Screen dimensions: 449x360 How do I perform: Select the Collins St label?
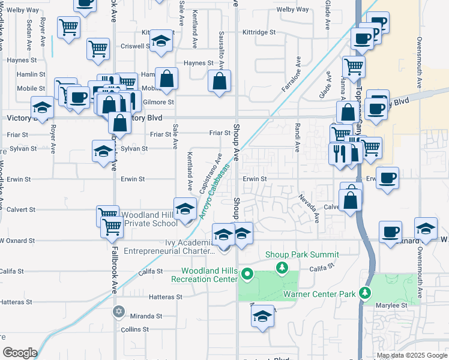[134, 329]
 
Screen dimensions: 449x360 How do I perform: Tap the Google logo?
[20, 353]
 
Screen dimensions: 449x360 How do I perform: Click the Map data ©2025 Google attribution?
[411, 355]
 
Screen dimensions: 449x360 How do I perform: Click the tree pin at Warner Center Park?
[363, 292]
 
